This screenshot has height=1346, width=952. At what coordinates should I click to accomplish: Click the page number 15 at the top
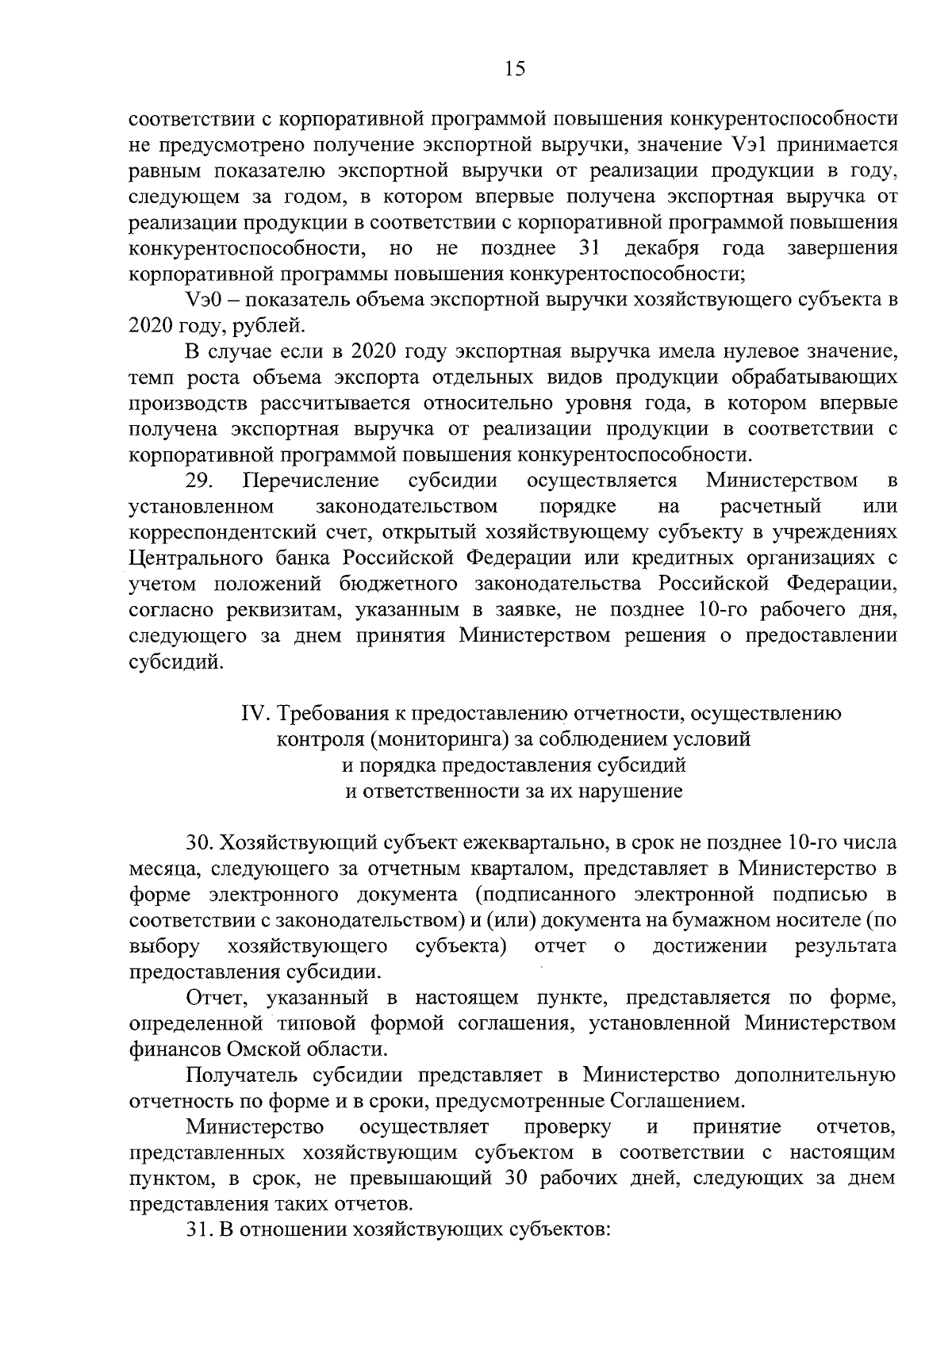point(514,68)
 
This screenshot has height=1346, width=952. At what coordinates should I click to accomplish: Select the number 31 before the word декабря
point(589,248)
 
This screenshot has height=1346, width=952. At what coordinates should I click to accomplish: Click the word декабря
point(662,248)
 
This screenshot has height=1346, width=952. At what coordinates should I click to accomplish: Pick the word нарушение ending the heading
point(631,791)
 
